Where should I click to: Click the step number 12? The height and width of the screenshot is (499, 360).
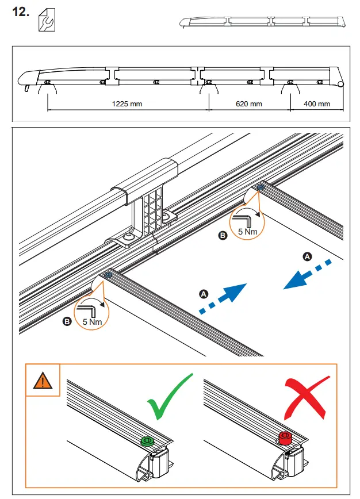pos(21,13)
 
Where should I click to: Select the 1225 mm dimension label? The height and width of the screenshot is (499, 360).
pos(127,104)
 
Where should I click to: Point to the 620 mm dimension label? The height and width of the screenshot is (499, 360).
pos(249,104)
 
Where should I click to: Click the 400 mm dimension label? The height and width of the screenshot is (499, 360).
pos(317,104)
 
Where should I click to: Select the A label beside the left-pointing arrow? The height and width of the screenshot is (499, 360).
pos(308,256)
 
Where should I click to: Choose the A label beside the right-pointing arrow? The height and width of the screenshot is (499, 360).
pos(202,294)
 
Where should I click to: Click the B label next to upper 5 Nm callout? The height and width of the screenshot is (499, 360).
pos(224,235)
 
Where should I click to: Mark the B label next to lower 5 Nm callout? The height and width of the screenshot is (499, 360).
pos(67,322)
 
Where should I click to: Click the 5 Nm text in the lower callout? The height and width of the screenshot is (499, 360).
pos(92,321)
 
